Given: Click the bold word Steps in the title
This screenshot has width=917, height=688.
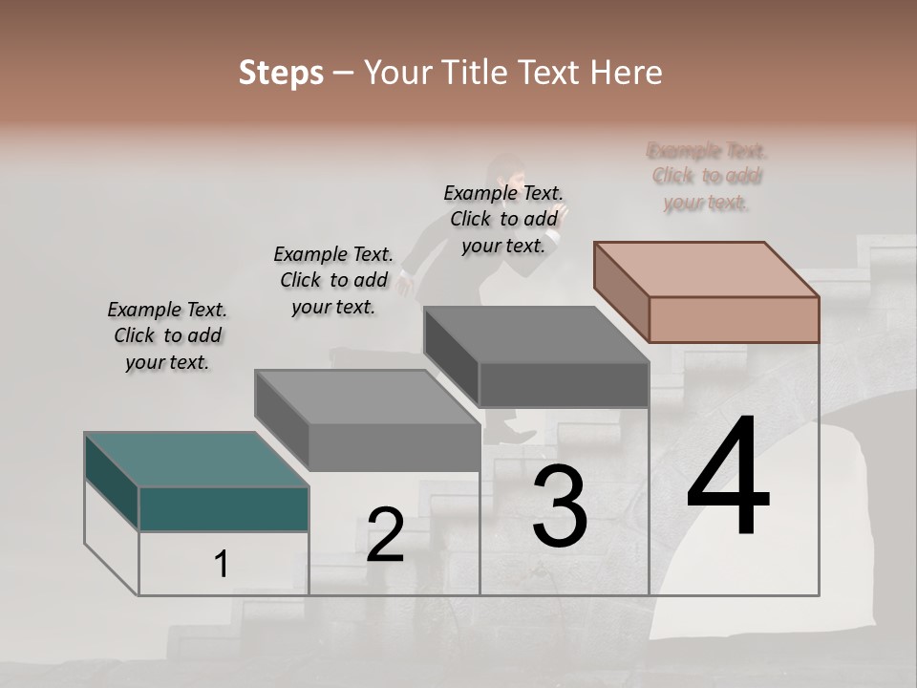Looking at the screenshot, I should pos(281,73).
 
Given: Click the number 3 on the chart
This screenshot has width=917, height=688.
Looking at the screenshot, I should pos(560,507).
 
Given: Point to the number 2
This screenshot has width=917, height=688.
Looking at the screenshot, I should pos(386,535).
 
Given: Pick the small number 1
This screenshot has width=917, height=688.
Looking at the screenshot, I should pos(222,565).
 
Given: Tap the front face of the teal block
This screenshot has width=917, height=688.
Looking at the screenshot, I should pos(224,508).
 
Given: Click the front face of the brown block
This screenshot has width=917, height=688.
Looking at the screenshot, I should pos(734,319).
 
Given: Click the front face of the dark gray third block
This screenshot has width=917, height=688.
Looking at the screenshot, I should pos(564,384).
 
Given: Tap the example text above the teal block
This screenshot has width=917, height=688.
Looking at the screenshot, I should pos(168,336).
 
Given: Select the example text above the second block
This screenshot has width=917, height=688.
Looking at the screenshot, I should pos(333,280).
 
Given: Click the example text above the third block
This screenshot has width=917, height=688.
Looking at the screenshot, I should pos(503,219).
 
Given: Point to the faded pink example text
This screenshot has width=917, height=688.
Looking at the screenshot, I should pos(707,177).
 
